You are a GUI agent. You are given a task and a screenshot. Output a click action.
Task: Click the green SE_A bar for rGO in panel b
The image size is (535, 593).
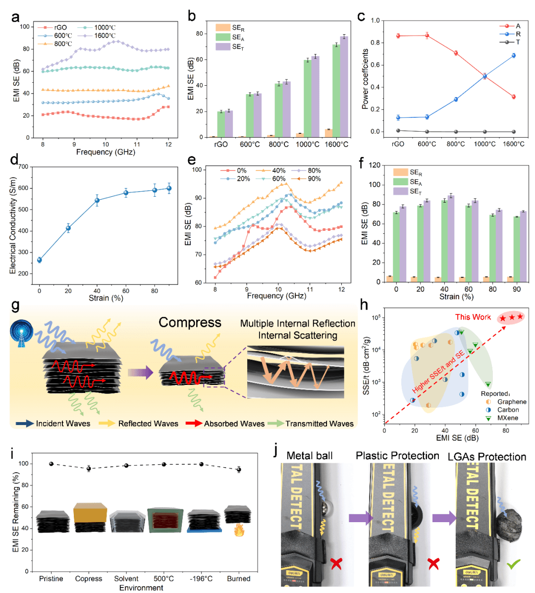(220, 124)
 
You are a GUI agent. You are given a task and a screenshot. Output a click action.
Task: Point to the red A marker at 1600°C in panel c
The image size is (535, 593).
(514, 97)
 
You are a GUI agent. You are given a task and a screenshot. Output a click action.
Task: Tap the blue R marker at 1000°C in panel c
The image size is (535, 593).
(484, 76)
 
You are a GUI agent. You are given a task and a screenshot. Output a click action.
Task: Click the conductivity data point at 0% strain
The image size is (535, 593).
(40, 260)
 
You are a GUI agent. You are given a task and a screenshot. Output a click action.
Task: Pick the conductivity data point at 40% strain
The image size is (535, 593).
(97, 200)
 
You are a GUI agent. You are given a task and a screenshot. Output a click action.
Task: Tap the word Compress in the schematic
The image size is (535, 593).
(190, 323)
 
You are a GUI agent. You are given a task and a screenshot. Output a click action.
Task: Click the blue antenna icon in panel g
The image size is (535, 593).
(21, 331)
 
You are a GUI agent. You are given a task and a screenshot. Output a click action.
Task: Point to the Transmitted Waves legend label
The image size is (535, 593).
(320, 424)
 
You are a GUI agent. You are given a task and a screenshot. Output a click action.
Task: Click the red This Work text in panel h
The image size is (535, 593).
(473, 317)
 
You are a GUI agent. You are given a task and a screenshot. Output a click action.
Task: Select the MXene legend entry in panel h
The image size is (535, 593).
(507, 418)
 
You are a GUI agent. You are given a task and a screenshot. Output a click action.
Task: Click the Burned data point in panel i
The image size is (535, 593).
(239, 469)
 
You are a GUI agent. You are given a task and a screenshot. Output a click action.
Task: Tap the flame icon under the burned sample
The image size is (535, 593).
(239, 531)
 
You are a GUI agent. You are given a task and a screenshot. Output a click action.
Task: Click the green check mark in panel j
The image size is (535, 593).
(513, 564)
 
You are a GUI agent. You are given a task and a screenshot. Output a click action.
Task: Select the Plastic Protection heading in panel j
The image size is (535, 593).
(397, 456)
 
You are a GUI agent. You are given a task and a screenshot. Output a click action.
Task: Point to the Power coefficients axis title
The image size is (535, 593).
(365, 79)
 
